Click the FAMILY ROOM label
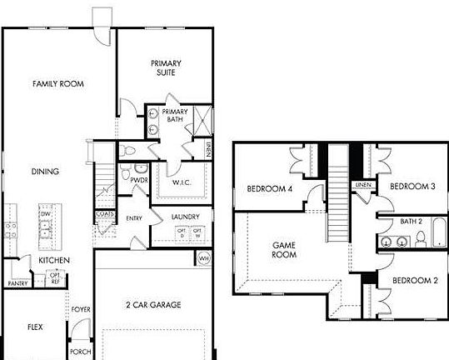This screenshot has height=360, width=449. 58,83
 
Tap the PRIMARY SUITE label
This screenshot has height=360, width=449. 167,67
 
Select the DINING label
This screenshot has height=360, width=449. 45,172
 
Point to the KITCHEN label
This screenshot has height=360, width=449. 54,261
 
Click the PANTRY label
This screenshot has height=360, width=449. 17,283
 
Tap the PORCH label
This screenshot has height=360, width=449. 80,352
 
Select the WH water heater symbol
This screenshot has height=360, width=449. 204,259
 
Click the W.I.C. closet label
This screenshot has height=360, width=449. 182,182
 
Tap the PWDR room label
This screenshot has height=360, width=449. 139,179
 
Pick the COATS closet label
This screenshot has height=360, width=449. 104,213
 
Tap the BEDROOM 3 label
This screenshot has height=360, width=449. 413,186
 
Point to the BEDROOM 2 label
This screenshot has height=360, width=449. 414,280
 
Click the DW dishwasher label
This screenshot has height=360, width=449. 45,214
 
